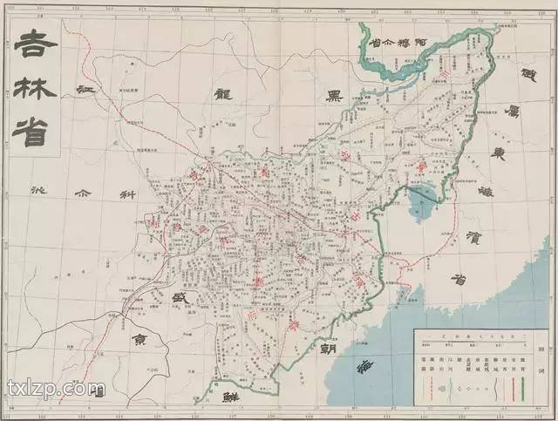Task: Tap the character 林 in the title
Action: click(x=34, y=86)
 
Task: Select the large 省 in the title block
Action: click(x=34, y=129)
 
